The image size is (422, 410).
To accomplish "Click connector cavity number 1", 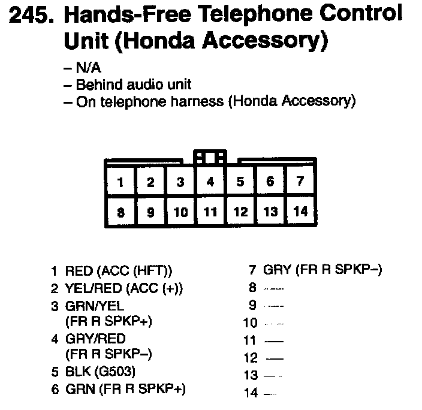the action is point(121,182).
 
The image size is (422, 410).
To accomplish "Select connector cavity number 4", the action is point(210,182).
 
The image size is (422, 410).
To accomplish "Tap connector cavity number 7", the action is point(300,182).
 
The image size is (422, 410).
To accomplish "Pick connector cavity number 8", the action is point(121,211).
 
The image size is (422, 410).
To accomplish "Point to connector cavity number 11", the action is point(210,211).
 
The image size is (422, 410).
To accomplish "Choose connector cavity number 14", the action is point(300,211).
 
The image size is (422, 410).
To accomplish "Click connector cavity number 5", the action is point(240,182).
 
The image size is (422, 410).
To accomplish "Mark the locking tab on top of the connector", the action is point(210,158).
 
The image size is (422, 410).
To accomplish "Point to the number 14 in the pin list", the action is point(251,393).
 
